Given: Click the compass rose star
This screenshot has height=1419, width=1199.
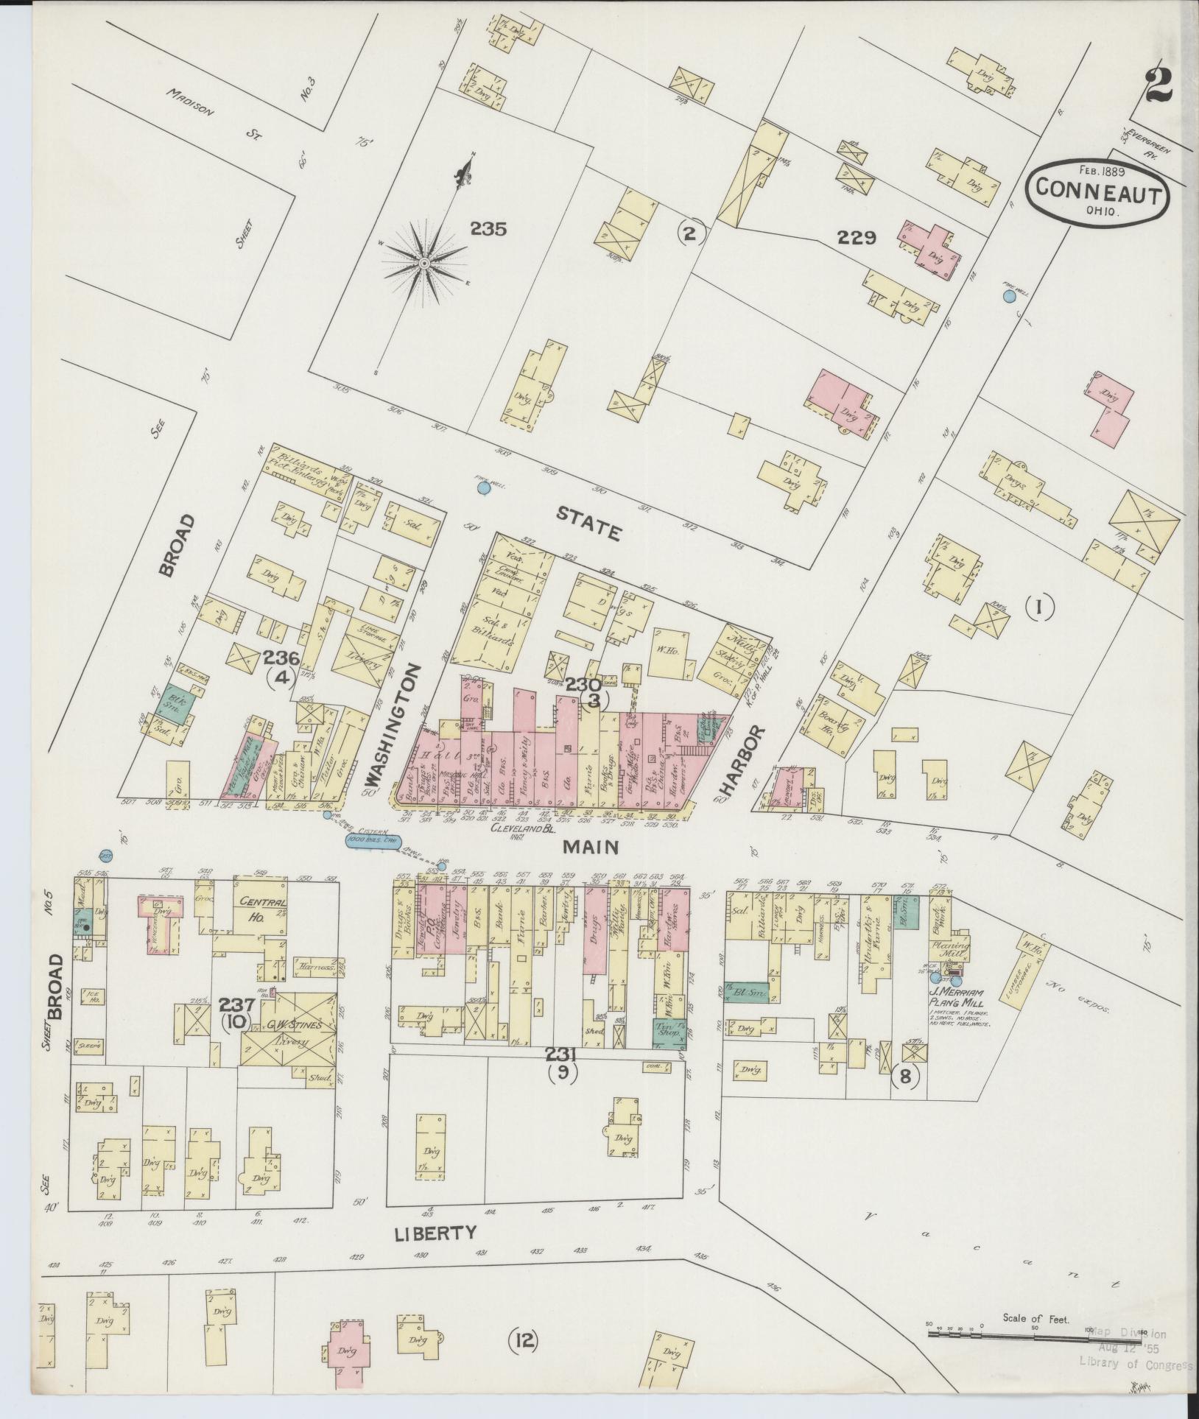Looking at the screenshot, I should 425,263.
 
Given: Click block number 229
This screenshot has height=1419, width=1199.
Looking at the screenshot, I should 857,238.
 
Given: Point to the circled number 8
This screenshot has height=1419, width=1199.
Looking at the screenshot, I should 905,1077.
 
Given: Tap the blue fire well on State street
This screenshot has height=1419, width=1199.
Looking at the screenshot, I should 483,487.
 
